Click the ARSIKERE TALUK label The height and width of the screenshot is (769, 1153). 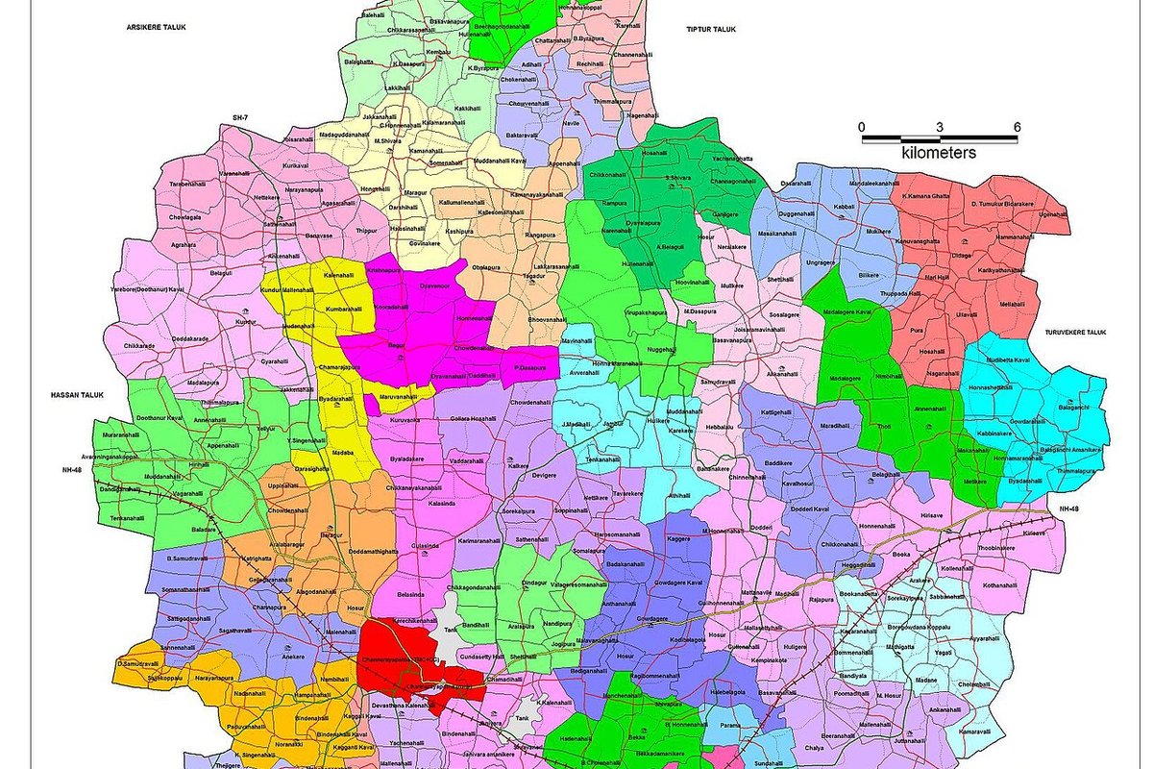[155, 29]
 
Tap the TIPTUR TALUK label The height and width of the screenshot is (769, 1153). [711, 30]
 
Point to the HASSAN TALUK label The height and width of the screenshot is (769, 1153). [75, 394]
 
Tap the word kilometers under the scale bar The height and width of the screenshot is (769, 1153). [939, 153]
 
